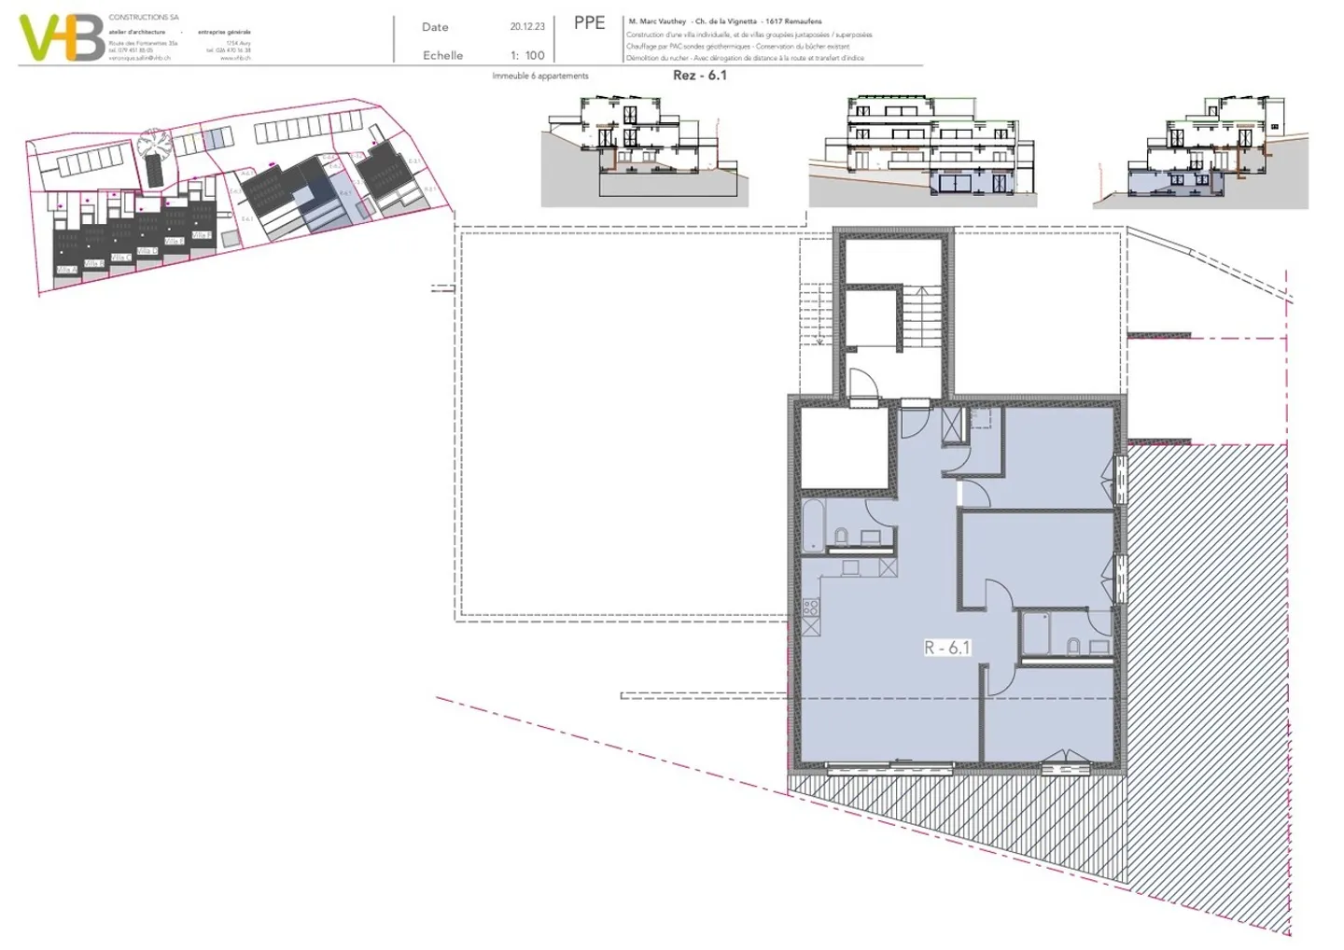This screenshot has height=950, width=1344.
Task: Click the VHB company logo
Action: (62, 37)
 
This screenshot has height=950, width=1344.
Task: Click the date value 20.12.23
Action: (527, 27)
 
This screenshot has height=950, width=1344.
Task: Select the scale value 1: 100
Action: (527, 56)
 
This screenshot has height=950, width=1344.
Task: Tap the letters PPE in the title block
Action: (589, 23)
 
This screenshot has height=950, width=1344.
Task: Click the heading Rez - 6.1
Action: (699, 76)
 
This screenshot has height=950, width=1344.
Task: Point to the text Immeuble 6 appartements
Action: (540, 77)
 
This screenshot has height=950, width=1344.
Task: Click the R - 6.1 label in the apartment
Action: (947, 648)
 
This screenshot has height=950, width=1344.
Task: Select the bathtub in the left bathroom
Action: (813, 524)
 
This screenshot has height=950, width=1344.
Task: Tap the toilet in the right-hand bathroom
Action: (1073, 645)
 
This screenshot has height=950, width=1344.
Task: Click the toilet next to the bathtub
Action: (841, 536)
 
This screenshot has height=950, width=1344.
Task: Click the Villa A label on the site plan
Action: (66, 271)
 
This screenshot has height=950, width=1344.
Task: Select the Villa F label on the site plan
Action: (201, 235)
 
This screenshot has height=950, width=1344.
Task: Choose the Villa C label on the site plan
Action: (121, 258)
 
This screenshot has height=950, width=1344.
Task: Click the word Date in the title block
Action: (435, 28)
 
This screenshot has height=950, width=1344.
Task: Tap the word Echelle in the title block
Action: (442, 56)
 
